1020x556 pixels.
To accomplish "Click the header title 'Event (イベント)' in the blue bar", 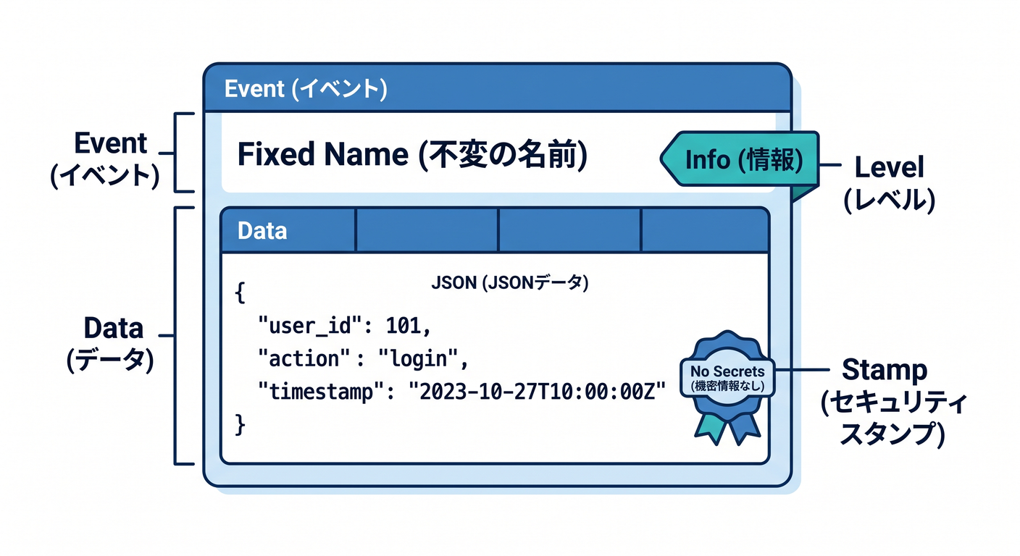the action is [306, 88].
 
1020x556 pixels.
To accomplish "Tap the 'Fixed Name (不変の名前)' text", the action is [412, 155].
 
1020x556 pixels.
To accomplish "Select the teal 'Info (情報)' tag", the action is [740, 159].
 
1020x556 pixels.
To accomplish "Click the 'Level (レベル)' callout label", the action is [889, 183].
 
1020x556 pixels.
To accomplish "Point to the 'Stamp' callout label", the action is [885, 369].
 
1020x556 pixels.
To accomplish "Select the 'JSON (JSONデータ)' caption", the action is [509, 282].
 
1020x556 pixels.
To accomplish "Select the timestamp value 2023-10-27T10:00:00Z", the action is [538, 391].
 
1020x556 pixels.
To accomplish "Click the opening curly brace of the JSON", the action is [240, 293].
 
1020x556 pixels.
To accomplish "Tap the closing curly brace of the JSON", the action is [240, 425].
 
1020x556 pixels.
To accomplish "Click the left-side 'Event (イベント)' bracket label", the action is [106, 159].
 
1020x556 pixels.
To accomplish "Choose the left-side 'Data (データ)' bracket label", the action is [111, 344].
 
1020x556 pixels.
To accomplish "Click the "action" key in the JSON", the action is [304, 359].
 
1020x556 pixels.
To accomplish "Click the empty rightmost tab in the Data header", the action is [704, 230].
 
